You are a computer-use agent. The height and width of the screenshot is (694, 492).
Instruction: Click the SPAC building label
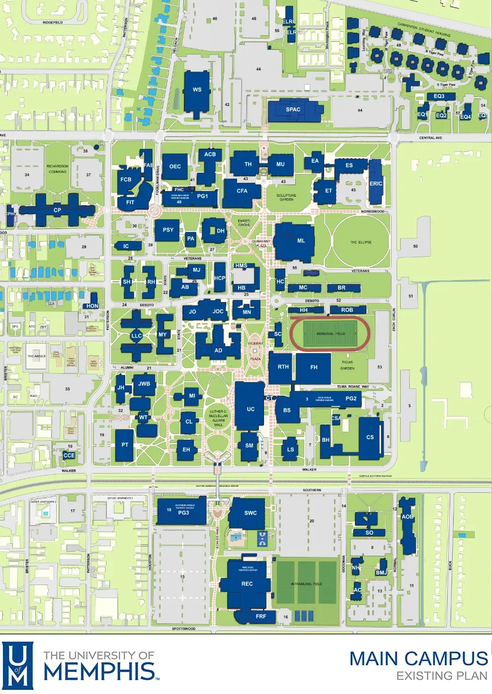point(293,109)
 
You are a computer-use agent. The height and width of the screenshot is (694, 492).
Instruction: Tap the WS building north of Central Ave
point(197,90)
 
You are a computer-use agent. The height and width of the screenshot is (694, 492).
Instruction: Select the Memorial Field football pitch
point(331,334)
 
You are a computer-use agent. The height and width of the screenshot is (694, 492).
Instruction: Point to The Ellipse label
point(361,242)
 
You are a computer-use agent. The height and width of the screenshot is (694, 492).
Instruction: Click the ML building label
point(301,241)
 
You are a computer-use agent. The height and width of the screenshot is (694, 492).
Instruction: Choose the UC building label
point(250,409)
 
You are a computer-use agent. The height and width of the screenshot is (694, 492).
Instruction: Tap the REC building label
point(247,584)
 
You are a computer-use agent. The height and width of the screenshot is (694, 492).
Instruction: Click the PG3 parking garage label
point(183,513)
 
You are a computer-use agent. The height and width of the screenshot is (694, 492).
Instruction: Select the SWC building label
point(250,513)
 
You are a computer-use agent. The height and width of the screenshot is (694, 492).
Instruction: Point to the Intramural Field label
point(306,584)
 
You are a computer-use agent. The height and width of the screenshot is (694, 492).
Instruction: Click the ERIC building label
point(375,184)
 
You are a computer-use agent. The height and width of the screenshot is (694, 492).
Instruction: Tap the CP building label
point(57,210)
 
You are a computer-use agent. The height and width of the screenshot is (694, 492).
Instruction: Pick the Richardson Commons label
point(57,169)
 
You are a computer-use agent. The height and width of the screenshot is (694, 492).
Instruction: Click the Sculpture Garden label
point(286,197)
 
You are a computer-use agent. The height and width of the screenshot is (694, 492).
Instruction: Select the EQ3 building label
point(439,96)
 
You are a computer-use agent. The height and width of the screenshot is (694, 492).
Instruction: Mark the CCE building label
point(69,455)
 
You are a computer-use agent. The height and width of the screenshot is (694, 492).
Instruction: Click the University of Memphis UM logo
point(18,665)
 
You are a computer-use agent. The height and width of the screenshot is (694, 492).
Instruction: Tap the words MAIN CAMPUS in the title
point(418,659)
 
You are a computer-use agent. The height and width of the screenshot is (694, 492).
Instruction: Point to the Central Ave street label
point(430,138)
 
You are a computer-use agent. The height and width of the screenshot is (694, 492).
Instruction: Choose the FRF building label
point(260,616)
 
